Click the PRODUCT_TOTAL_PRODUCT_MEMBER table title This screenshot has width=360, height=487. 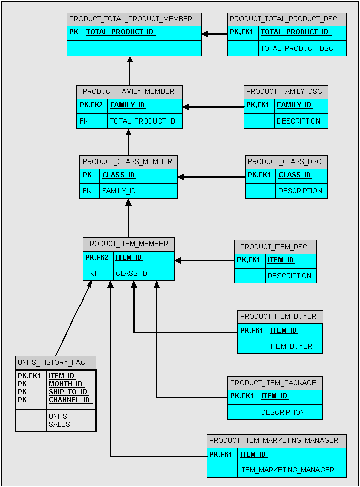point(131,19)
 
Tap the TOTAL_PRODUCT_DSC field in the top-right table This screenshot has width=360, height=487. point(297,49)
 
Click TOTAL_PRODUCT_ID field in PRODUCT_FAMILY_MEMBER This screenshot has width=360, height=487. point(143,121)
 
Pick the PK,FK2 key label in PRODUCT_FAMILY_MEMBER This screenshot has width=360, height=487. point(91,105)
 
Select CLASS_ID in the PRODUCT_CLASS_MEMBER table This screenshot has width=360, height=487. point(118,175)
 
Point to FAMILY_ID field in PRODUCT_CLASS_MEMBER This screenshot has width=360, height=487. point(118,191)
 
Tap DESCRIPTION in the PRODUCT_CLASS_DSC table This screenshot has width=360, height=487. point(300,191)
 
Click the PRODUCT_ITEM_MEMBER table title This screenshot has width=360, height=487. point(127,244)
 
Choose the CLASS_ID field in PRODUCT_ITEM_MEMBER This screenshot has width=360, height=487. point(131,274)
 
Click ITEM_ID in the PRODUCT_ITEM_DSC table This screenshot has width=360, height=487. point(281,260)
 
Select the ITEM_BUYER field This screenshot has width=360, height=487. point(291,347)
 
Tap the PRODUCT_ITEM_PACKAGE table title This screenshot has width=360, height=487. point(273,383)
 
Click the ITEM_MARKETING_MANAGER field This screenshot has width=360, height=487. point(287,470)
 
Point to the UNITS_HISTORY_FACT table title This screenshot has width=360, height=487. point(53,363)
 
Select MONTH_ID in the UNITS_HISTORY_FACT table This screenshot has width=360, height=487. point(66,384)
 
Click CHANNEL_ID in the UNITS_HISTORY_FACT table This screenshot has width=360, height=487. point(70,400)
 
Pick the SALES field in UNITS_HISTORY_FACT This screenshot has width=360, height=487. point(59,425)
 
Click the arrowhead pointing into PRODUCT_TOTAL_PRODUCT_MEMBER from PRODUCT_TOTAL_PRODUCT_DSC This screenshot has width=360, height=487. point(205,34)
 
